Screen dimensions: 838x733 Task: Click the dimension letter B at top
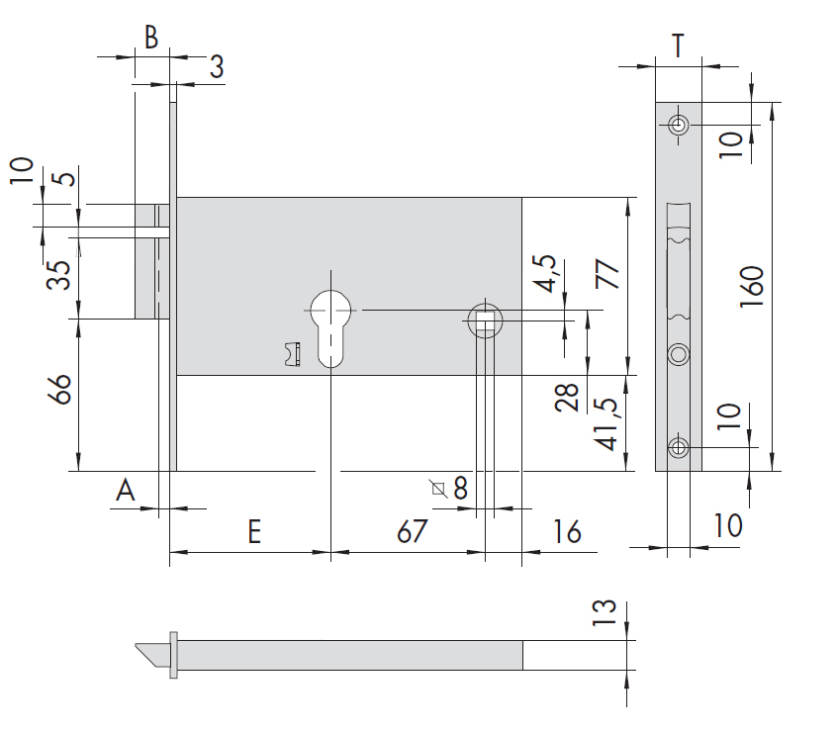coord(151,38)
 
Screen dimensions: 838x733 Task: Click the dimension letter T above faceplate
coord(678,46)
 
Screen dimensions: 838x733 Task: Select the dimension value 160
coord(752,287)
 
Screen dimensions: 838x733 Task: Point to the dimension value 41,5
coord(606,424)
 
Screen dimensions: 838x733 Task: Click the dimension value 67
coord(412,531)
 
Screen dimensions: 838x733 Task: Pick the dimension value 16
coord(567,531)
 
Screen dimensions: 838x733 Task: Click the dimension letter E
coord(254,531)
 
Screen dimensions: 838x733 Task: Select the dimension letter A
coord(125,490)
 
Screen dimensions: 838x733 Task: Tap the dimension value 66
coord(59,389)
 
